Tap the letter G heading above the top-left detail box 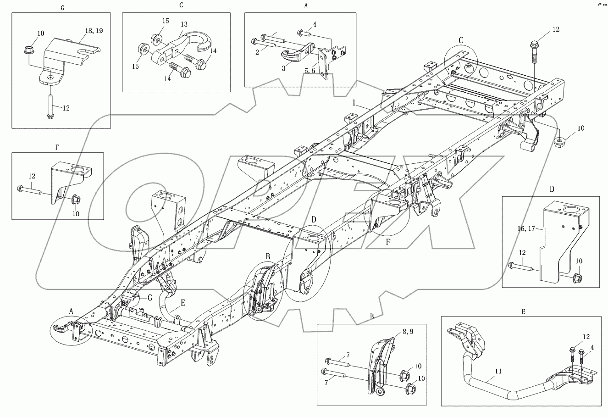62,8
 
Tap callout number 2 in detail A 257,53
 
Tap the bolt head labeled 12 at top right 534,45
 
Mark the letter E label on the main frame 183,302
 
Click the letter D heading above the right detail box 552,189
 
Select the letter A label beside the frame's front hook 71,311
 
